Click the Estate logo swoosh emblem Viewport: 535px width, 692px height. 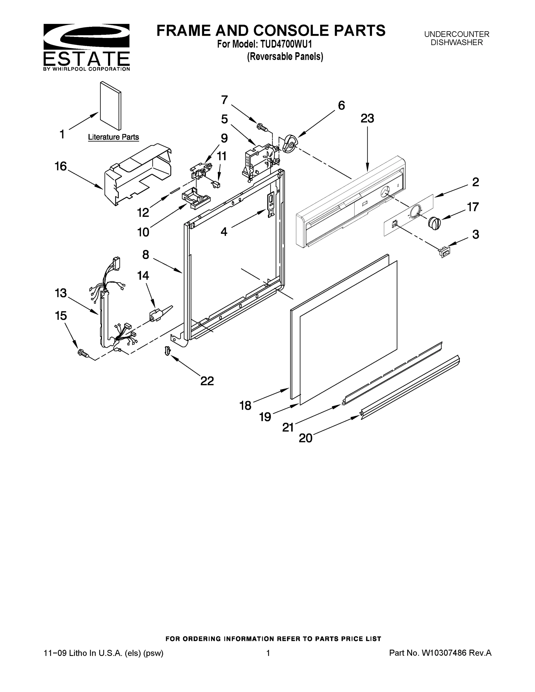pos(86,36)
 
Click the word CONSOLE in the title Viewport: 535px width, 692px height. pos(291,31)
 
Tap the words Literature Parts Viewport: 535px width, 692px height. pos(113,137)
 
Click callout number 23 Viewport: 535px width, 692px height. pos(367,119)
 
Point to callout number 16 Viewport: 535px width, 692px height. pos(61,166)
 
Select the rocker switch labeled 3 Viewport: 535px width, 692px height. pos(444,253)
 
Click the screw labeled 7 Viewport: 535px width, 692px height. pos(263,127)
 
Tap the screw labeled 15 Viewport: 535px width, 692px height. pos(83,353)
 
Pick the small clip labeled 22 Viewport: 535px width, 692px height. pos(167,351)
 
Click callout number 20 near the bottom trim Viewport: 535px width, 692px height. pos(305,438)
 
